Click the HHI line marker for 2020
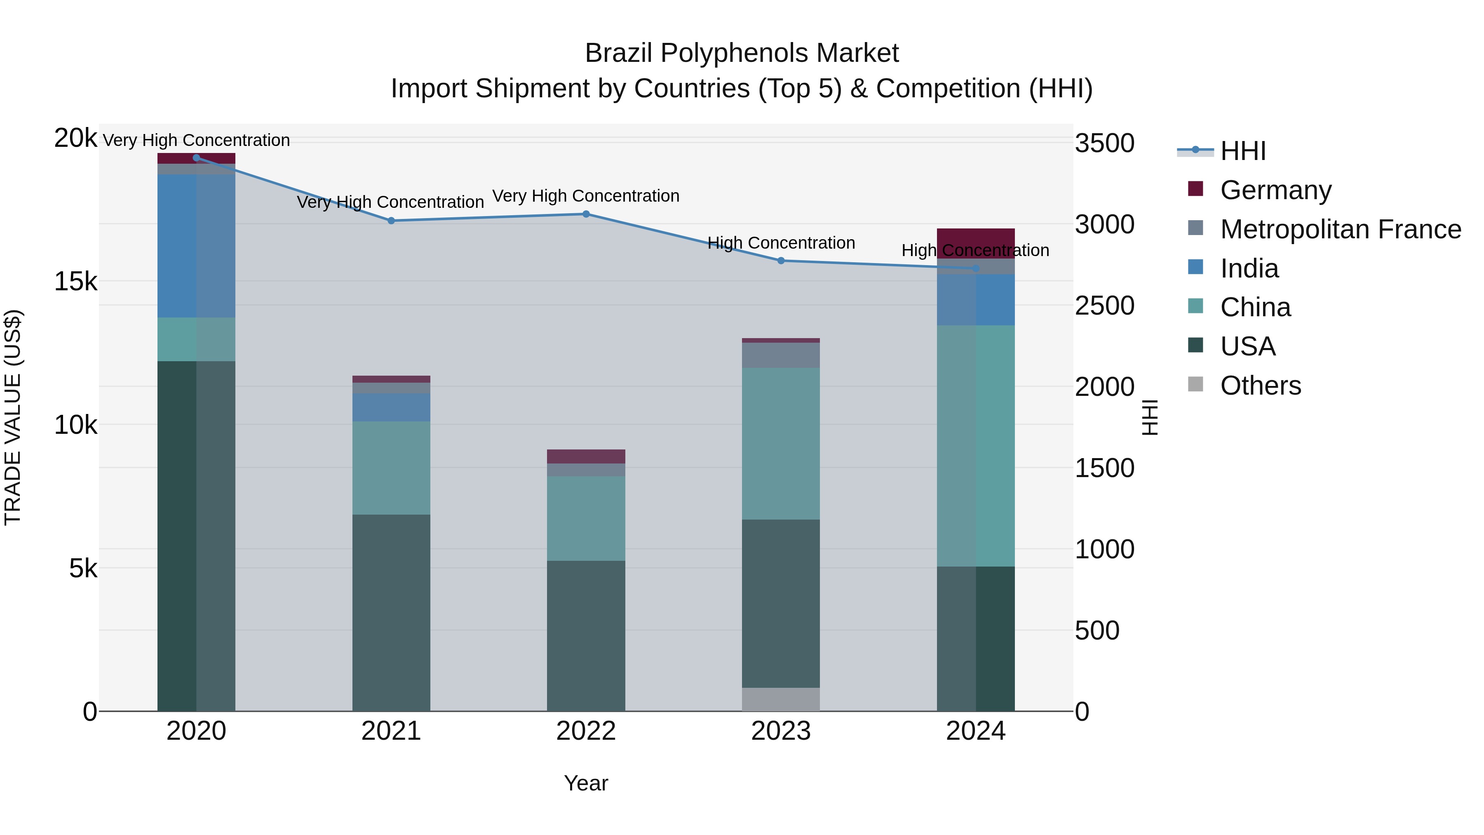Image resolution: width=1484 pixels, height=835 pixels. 197,158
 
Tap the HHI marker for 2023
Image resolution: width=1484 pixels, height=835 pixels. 781,261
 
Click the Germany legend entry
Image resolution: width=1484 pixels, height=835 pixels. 1275,190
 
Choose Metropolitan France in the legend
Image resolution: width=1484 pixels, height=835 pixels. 1340,229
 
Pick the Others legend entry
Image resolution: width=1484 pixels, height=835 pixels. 1261,386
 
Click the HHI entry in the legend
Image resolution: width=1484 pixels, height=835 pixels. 1242,151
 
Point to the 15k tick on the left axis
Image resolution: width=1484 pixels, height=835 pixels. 75,282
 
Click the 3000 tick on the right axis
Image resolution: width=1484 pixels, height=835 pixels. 1104,225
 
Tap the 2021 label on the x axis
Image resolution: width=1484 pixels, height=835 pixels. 391,731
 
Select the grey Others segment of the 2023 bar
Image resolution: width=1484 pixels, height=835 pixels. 781,699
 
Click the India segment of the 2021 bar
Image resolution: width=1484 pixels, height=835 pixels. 391,407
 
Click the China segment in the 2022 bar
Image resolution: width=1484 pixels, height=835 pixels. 586,518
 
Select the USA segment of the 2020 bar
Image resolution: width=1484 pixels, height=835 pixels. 197,536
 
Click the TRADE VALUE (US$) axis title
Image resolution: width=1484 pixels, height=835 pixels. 13,417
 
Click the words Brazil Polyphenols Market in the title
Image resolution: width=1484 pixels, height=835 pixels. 742,54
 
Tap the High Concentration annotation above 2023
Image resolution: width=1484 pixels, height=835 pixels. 781,243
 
